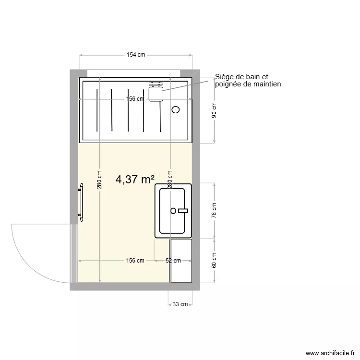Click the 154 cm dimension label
tap(136, 55)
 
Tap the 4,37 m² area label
tap(135, 180)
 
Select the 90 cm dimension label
tap(215, 110)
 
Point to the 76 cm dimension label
tap(215, 210)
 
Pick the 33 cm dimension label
tap(180, 304)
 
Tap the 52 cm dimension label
tap(173, 261)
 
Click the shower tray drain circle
tap(176, 109)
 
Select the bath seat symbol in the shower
tap(156, 92)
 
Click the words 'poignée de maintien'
tap(248, 84)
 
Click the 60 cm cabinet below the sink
tap(181, 260)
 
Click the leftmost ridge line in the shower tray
tap(97, 110)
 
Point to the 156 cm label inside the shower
tap(135, 99)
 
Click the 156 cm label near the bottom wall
tap(135, 261)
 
